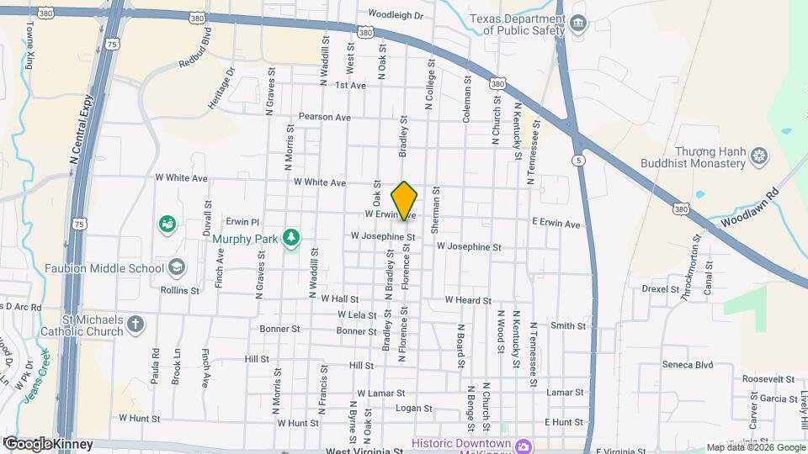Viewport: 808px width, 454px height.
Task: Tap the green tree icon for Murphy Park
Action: (x=291, y=239)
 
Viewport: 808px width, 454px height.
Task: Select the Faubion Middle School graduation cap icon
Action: (x=177, y=268)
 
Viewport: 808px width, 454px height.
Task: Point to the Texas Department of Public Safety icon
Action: (x=578, y=24)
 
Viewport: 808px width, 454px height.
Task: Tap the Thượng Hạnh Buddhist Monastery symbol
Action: (x=759, y=156)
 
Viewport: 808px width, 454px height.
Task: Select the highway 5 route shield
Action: (x=578, y=159)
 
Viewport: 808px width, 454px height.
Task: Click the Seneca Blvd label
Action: (x=688, y=365)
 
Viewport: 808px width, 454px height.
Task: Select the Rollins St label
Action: (x=179, y=291)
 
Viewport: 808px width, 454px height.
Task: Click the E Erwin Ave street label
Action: (x=555, y=224)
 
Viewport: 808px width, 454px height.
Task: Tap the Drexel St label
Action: (x=661, y=289)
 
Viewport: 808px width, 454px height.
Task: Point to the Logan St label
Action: (x=413, y=409)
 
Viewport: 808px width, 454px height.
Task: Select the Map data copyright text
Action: (x=754, y=447)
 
